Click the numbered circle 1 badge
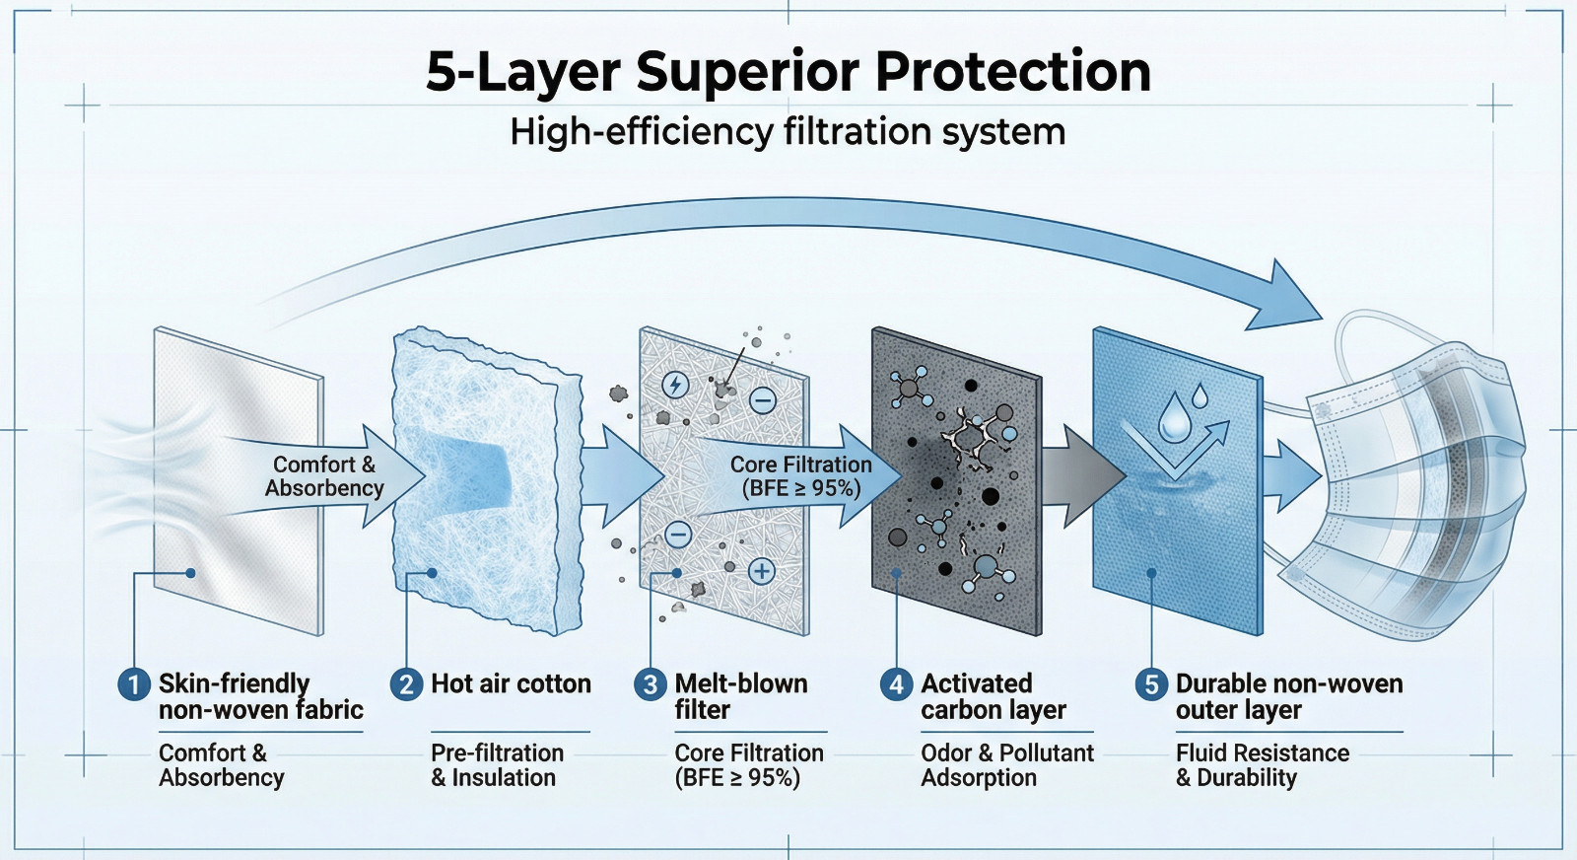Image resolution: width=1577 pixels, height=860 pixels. click(x=134, y=684)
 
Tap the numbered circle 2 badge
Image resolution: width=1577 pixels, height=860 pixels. click(x=406, y=684)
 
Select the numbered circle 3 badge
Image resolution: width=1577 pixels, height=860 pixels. click(x=650, y=684)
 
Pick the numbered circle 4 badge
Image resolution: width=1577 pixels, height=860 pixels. click(x=896, y=684)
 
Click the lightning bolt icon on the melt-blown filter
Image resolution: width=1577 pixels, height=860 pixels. click(x=676, y=386)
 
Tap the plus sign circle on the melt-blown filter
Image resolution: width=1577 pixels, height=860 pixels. click(x=761, y=571)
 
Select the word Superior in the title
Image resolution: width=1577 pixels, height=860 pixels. click(x=747, y=73)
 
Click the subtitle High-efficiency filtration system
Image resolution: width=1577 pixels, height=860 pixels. click(x=788, y=132)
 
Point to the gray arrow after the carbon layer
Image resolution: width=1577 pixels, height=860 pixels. click(x=1083, y=476)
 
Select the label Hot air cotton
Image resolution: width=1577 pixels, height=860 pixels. click(x=512, y=683)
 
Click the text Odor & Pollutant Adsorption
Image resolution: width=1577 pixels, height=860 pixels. click(x=1007, y=765)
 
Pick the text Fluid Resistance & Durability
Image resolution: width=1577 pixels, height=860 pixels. click(x=1263, y=765)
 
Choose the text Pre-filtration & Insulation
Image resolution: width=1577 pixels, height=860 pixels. click(x=497, y=765)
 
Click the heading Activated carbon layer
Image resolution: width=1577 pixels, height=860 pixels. click(x=994, y=696)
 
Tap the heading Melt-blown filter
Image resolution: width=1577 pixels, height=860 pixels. click(x=740, y=696)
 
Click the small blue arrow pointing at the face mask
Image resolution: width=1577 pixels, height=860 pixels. click(x=1291, y=476)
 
